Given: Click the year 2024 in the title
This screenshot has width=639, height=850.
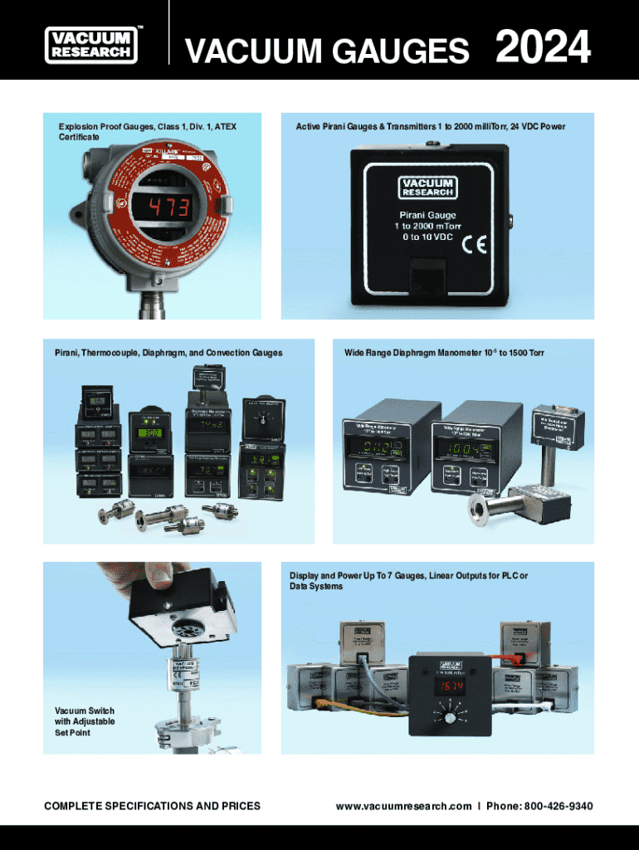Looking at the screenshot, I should [543, 47].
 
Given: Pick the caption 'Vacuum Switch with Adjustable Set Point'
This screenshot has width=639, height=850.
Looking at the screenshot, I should [85, 722].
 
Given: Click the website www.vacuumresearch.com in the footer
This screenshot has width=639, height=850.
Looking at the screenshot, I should [403, 806].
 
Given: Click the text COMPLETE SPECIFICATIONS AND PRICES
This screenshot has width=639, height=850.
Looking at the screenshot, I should [152, 806].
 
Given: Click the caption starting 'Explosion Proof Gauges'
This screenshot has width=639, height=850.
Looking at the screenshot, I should [147, 131].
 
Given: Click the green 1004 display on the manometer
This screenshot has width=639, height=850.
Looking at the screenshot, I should [464, 449].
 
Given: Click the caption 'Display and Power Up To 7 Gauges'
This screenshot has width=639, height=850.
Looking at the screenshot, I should [407, 581].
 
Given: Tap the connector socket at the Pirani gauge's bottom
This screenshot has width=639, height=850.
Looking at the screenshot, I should [428, 280].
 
